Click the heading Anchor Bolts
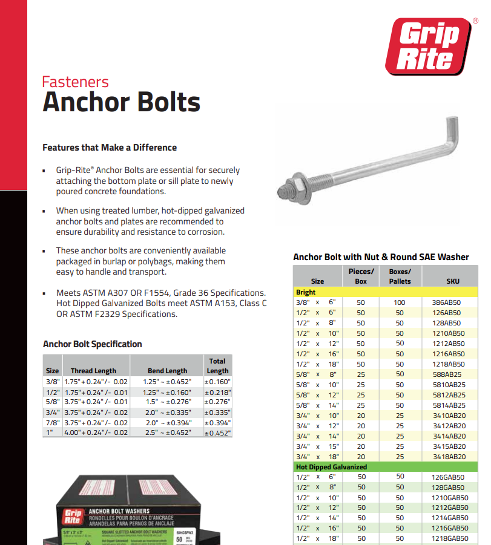pos(121,102)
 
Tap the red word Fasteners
pos(75,82)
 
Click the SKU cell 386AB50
pos(448,302)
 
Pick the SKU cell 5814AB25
pos(448,405)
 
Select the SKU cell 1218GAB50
pos(448,538)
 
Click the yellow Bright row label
pos(306,292)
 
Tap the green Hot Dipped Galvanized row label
pos(331,467)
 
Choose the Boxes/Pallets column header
pos(400,276)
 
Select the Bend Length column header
pos(167,371)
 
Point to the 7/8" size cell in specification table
pos(52,423)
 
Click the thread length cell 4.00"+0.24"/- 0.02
pos(96,433)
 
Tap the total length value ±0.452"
pos(217,433)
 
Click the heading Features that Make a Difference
pos(110,148)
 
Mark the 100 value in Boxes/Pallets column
pos(400,302)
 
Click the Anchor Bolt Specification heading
pos(92,344)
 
